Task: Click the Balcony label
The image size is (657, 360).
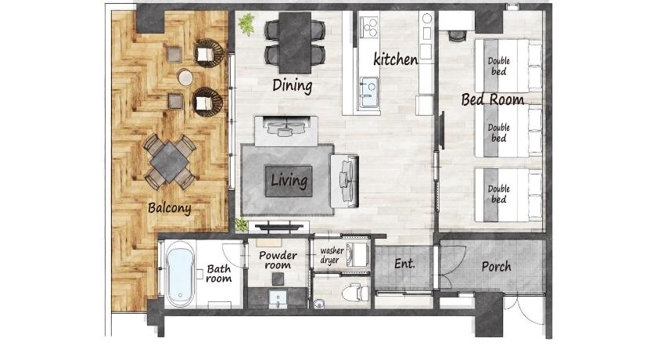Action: click(x=170, y=208)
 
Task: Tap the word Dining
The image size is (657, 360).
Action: click(x=292, y=85)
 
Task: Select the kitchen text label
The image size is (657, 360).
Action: click(x=396, y=59)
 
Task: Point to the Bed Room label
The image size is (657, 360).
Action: click(x=493, y=99)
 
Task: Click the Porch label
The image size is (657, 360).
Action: click(x=496, y=267)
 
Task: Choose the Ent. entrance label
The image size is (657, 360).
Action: click(x=405, y=264)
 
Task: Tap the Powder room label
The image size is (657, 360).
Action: click(x=278, y=260)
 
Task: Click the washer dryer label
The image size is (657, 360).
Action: click(x=332, y=255)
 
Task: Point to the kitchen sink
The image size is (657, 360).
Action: click(x=368, y=89)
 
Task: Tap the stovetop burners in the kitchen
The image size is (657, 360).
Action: click(x=369, y=27)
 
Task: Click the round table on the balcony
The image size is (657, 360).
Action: click(x=185, y=78)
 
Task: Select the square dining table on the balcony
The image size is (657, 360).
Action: click(x=169, y=161)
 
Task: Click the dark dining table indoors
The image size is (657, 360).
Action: click(x=295, y=42)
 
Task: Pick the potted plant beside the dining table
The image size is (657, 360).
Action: click(x=246, y=24)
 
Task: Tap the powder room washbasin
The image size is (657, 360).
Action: click(x=278, y=298)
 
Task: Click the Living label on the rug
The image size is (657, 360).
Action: click(x=289, y=181)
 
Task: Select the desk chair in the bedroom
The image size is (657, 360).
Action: click(x=456, y=36)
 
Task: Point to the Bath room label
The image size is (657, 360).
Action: click(x=219, y=274)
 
